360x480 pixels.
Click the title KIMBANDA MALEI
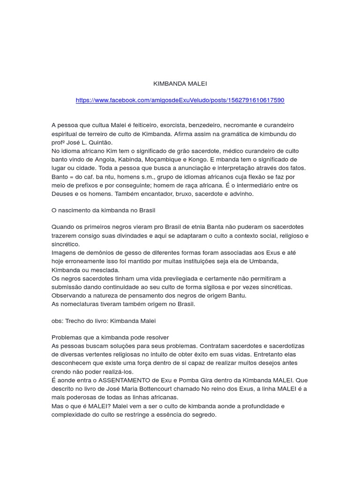tap(180, 83)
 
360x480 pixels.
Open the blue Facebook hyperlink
tap(180, 100)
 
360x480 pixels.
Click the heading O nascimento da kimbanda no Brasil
tap(103, 210)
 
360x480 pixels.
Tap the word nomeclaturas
tap(80, 304)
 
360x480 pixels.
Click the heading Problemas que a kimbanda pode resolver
tap(110, 337)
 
